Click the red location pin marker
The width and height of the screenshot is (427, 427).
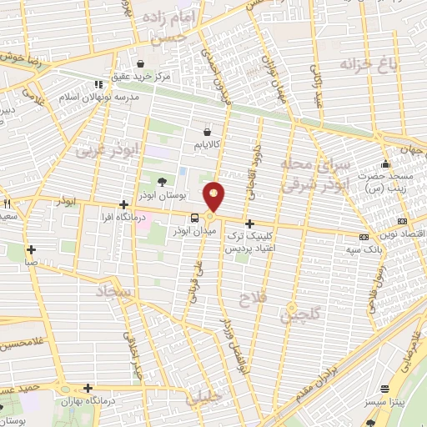215,197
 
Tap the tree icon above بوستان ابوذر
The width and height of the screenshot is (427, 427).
162,180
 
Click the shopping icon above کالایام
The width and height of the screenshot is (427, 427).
207,131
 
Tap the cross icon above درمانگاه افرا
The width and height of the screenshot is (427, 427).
123,204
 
